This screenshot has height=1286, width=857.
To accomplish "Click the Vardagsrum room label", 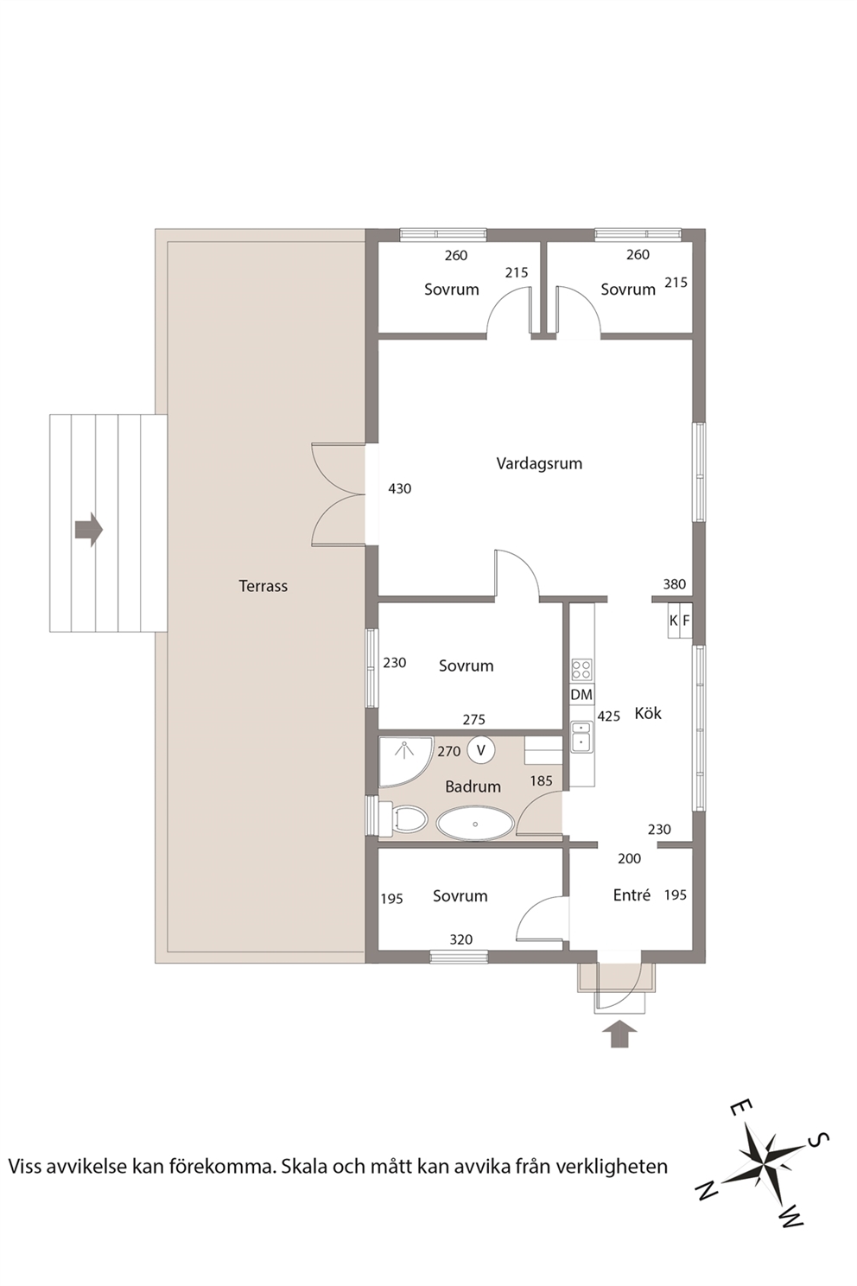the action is pos(539,463).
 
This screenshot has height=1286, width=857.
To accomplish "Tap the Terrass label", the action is pos(263,586).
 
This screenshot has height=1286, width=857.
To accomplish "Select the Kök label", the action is pos(647,713).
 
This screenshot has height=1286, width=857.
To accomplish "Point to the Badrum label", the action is pos(473,786).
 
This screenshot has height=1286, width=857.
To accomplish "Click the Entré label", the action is pos(632,895).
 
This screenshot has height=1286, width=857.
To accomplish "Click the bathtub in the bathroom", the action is pos(474,824).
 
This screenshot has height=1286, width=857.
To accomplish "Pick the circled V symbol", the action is pos(481,750).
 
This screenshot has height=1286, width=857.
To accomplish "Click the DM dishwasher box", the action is pos(581,695).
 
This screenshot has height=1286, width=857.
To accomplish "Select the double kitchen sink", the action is pos(581,736).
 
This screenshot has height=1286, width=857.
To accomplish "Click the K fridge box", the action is pos(673,621).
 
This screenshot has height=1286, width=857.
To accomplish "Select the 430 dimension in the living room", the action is pos(399,488).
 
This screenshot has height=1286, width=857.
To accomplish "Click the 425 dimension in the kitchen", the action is pos(608,716).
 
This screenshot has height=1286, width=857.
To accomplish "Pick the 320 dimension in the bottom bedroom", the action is pos(461,939).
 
